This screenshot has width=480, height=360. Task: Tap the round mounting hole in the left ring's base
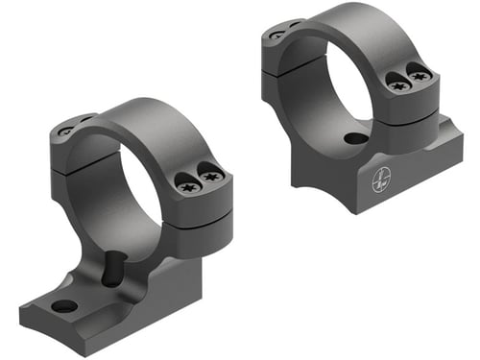[64, 306]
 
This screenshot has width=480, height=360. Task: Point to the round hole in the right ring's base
[355, 138]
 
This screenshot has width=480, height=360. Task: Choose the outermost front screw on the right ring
[419, 74]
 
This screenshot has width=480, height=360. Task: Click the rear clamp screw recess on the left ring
[65, 131]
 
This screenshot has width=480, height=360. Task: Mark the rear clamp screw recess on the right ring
[277, 34]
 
